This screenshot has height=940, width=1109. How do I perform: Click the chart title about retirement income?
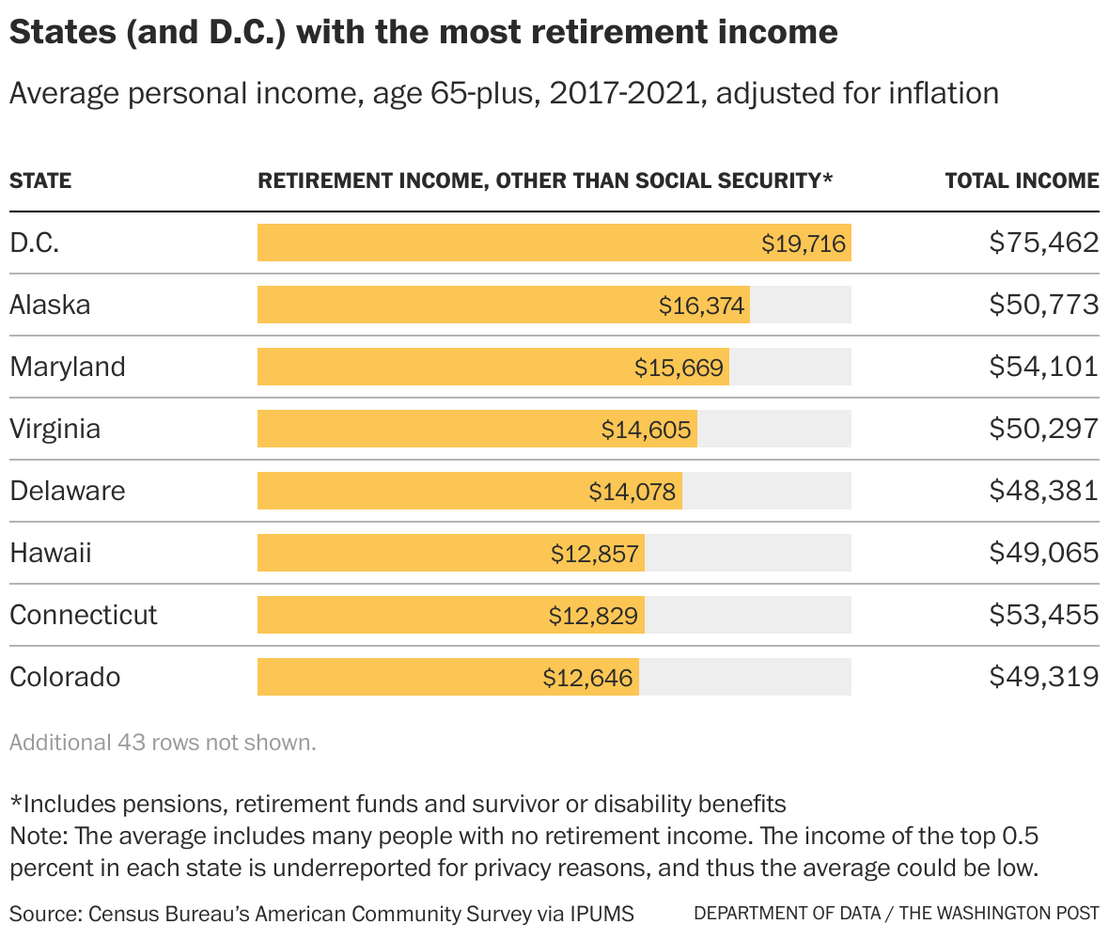click(423, 33)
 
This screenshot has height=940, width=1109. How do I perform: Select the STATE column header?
click(40, 180)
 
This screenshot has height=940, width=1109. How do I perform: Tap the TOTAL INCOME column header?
click(1022, 180)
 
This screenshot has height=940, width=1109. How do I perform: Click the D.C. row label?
click(35, 243)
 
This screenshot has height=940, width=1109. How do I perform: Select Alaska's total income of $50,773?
click(1043, 305)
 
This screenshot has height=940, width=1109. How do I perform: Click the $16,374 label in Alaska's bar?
click(701, 305)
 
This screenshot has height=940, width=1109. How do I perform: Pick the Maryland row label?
click(68, 367)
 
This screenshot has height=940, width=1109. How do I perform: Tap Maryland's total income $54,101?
click(1043, 367)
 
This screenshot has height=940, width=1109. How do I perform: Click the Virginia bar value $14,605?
click(647, 430)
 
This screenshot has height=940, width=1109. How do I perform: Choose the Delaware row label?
click(68, 491)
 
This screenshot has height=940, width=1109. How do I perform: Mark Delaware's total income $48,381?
click(1043, 491)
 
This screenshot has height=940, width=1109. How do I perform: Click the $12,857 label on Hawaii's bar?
click(596, 554)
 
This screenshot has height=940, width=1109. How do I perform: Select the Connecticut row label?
click(84, 615)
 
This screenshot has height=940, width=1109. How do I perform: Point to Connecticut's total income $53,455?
click(1043, 615)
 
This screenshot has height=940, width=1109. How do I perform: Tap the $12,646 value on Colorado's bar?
click(588, 678)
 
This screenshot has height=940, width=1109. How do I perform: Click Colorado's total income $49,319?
click(1043, 677)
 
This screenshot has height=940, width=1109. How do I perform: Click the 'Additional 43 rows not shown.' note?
click(163, 743)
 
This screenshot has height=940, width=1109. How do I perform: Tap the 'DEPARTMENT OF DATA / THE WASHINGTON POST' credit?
click(896, 913)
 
